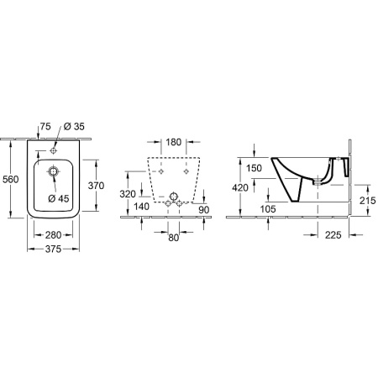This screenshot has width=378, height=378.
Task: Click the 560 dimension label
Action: pyautogui.click(x=11, y=179)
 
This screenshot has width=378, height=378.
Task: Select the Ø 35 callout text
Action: pyautogui.click(x=74, y=127)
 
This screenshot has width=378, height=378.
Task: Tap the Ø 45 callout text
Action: pyautogui.click(x=59, y=198)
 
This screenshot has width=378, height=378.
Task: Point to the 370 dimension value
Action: pyautogui.click(x=96, y=186)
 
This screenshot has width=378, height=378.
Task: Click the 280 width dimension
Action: pyautogui.click(x=53, y=235)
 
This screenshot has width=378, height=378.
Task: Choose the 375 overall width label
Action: pyautogui.click(x=53, y=249)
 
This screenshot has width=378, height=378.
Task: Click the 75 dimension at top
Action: pyautogui.click(x=45, y=127)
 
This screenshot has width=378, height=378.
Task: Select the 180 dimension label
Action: pyautogui.click(x=174, y=142)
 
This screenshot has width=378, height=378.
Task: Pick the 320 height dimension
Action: pyautogui.click(x=128, y=194)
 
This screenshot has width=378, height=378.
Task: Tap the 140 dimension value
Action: pyautogui.click(x=141, y=207)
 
